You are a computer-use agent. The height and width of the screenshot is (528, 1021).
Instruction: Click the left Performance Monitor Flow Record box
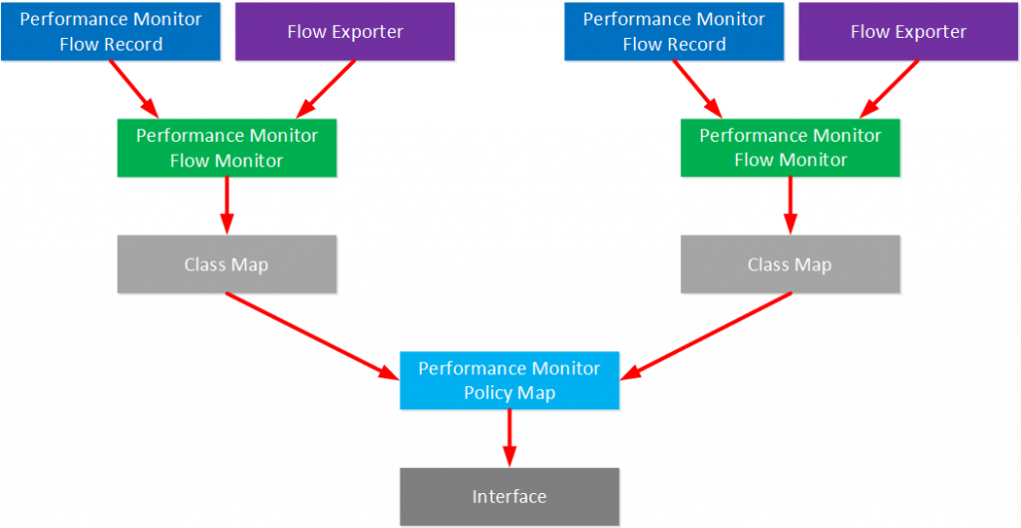coord(111,32)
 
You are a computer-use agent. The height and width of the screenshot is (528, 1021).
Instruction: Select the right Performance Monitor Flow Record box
coord(674,32)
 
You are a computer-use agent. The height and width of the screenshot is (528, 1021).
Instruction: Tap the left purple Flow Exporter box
coord(345,32)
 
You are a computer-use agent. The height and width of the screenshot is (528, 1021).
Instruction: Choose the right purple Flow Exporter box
coord(908,32)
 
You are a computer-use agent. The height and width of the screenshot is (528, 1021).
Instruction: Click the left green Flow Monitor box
coord(226,148)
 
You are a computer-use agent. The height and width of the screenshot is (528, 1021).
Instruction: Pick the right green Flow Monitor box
coord(790,148)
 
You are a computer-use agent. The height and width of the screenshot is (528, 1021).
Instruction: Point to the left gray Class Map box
coord(226,264)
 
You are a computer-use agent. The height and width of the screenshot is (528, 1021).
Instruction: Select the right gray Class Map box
coord(790,264)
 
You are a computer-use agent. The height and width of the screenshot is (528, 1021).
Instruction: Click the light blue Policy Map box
coord(510,380)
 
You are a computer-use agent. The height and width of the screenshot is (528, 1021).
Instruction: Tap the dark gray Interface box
coord(510,496)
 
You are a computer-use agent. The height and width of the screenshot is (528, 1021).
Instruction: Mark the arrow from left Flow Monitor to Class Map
coord(227,206)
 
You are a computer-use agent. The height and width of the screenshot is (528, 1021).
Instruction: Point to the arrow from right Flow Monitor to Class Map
coord(791,206)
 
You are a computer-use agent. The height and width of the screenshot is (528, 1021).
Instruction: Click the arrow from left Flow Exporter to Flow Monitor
coord(327,88)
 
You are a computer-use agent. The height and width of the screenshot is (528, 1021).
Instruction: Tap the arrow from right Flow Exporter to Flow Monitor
coord(890,88)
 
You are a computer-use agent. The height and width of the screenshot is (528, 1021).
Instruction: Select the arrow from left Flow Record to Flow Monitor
coord(134,88)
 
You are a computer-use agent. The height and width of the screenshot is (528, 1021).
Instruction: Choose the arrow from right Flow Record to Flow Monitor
coord(697,88)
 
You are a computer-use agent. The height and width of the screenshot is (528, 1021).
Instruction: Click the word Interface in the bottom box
coord(510,496)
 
